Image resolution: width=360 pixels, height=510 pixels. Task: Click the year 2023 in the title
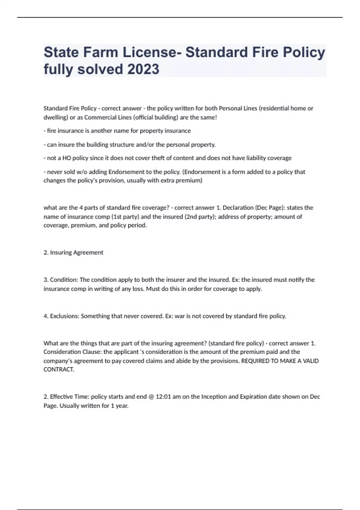click(x=143, y=69)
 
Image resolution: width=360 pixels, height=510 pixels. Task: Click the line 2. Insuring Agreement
click(x=73, y=253)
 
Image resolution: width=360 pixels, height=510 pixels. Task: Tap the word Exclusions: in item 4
click(x=64, y=316)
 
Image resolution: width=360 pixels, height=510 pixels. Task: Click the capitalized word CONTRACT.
click(x=59, y=370)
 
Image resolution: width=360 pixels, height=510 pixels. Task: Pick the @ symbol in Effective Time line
click(x=151, y=397)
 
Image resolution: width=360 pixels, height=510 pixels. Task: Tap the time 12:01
click(x=163, y=397)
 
